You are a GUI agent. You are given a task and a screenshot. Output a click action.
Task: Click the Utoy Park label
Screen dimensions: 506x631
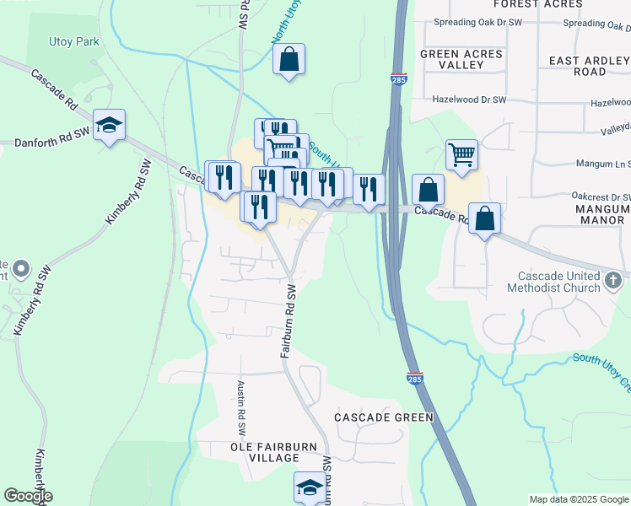point(74,41)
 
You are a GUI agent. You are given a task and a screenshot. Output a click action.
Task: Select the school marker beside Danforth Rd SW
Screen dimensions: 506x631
point(109,126)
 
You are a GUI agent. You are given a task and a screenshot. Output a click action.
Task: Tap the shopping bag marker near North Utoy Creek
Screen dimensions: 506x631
point(289,60)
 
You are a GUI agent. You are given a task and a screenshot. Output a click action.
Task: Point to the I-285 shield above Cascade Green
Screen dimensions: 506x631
point(414,379)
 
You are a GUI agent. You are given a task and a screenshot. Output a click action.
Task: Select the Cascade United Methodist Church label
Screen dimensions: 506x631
point(553,282)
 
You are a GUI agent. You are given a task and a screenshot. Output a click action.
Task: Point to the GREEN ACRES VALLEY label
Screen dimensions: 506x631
point(461,60)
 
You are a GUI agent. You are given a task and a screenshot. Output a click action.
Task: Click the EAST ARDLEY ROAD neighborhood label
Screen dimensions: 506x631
point(589,66)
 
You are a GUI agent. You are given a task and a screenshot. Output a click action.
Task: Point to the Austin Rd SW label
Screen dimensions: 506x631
point(241,401)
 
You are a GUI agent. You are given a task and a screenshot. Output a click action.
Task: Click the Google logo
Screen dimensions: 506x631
point(28,496)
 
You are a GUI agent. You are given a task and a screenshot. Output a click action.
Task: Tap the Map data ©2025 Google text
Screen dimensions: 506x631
point(578,499)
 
